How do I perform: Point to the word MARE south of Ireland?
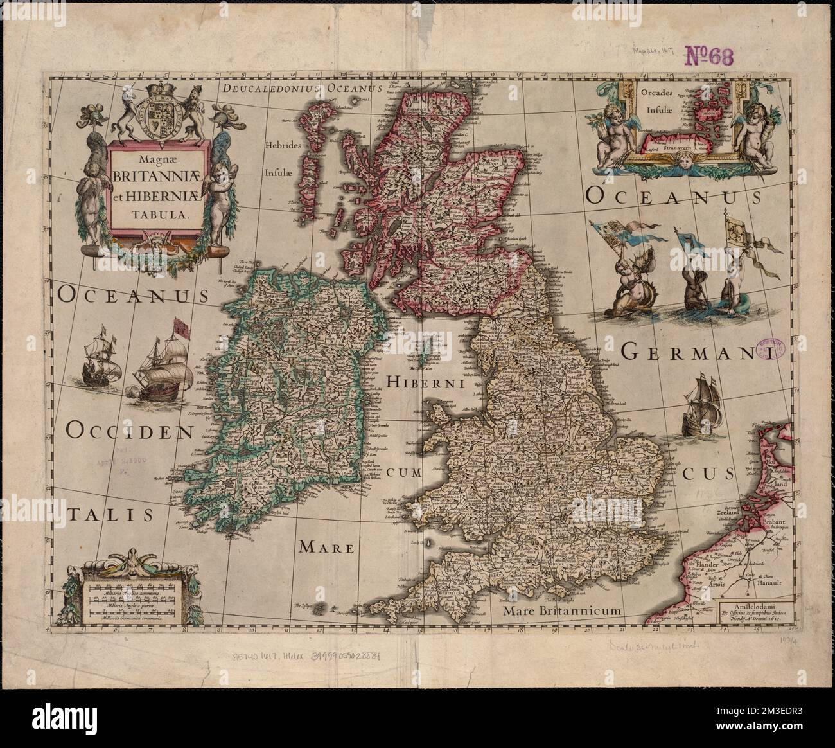[x=326, y=548]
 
